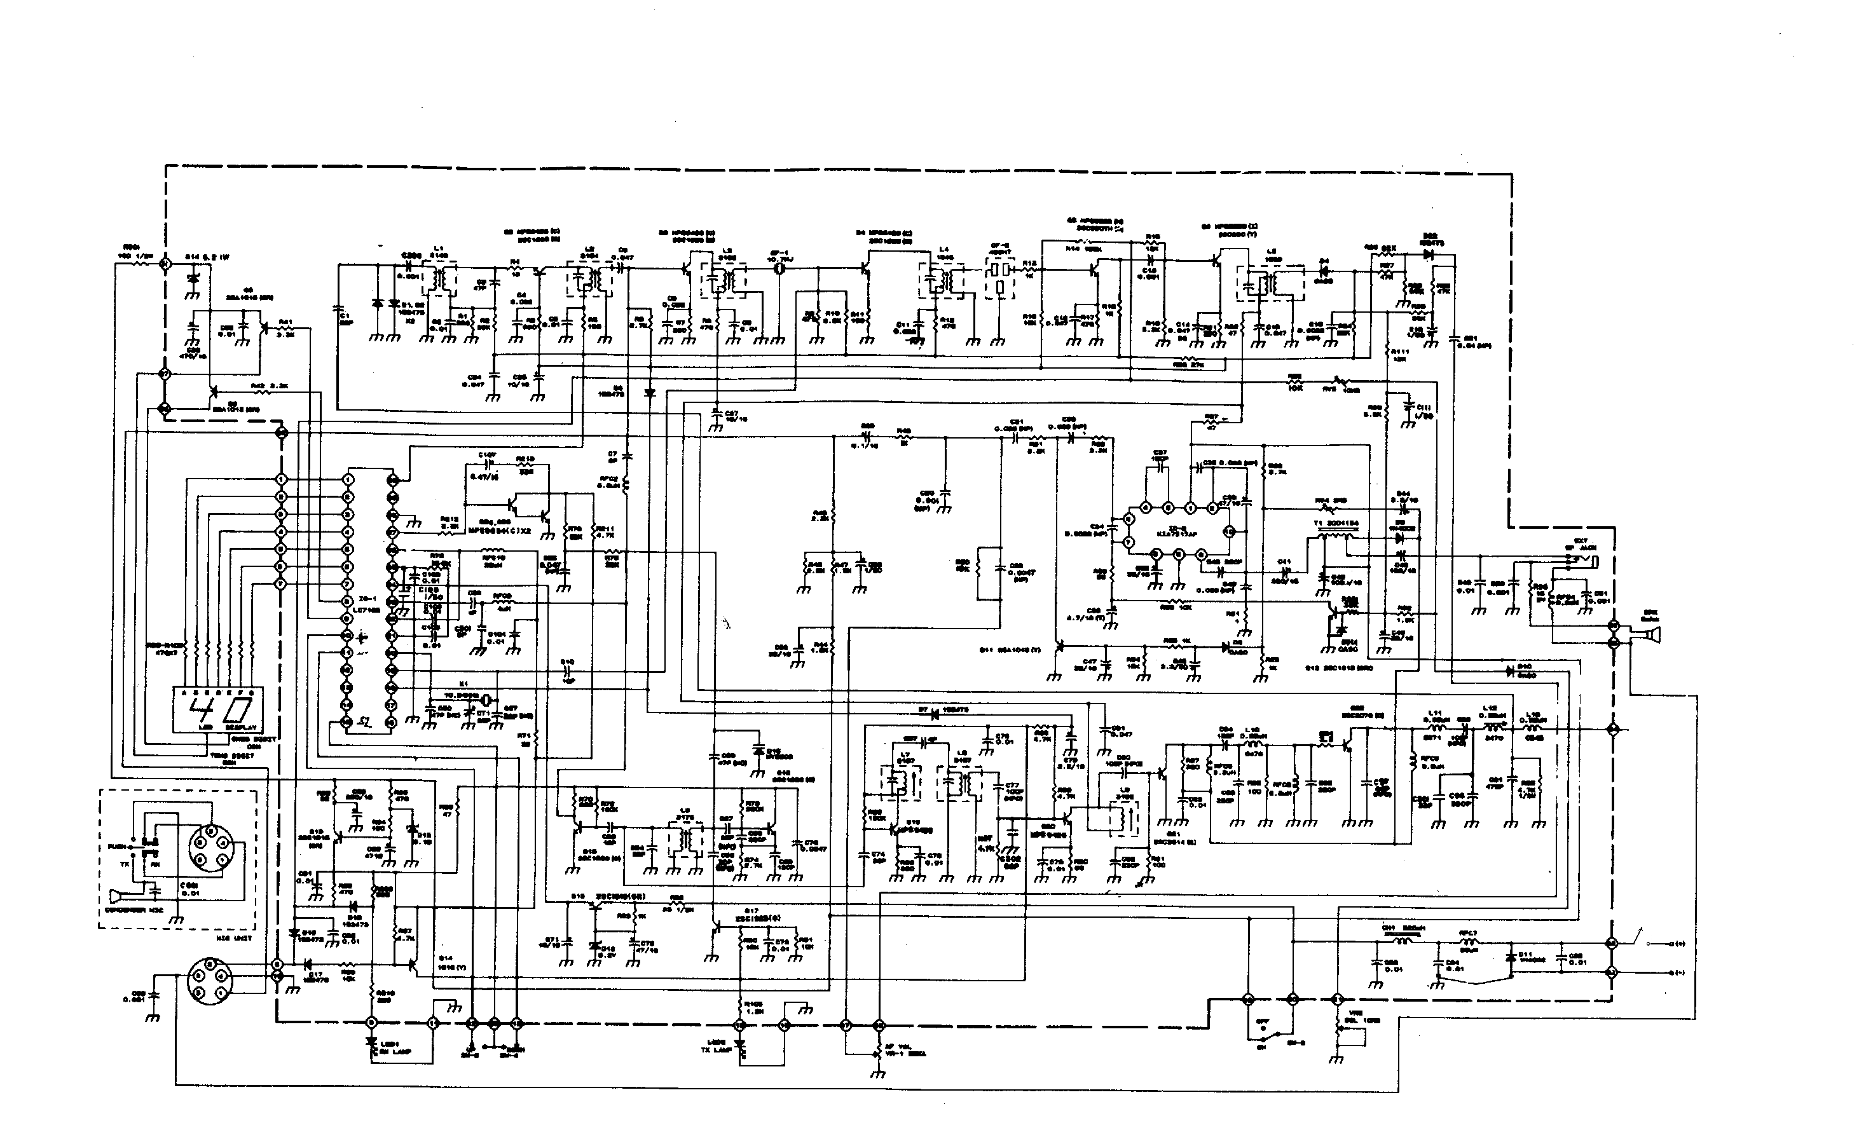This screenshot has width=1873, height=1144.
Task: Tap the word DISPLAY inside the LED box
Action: pos(240,728)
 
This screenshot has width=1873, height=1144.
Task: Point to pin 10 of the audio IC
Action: pos(1227,531)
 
